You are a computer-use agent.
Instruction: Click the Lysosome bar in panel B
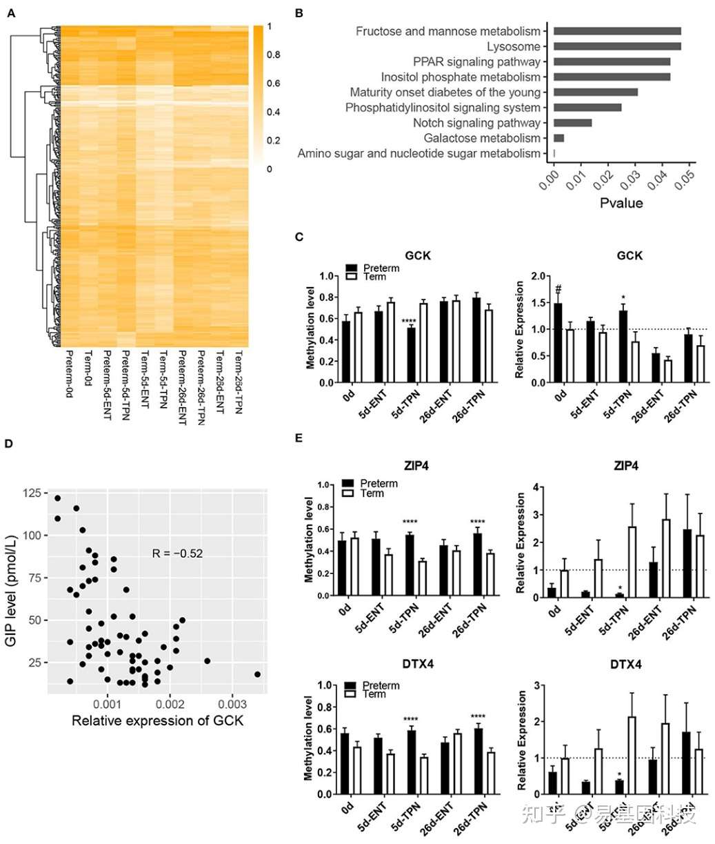(x=616, y=46)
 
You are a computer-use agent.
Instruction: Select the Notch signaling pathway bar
(x=572, y=123)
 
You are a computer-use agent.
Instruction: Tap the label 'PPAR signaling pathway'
(x=476, y=62)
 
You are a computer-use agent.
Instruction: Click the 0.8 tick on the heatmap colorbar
(x=274, y=55)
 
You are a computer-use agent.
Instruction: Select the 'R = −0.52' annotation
(x=177, y=553)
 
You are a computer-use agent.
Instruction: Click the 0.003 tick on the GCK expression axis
(x=232, y=704)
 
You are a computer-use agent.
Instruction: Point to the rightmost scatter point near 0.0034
(x=257, y=674)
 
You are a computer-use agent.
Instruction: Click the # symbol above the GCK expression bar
(x=558, y=289)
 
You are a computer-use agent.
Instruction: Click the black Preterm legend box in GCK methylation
(x=352, y=268)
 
